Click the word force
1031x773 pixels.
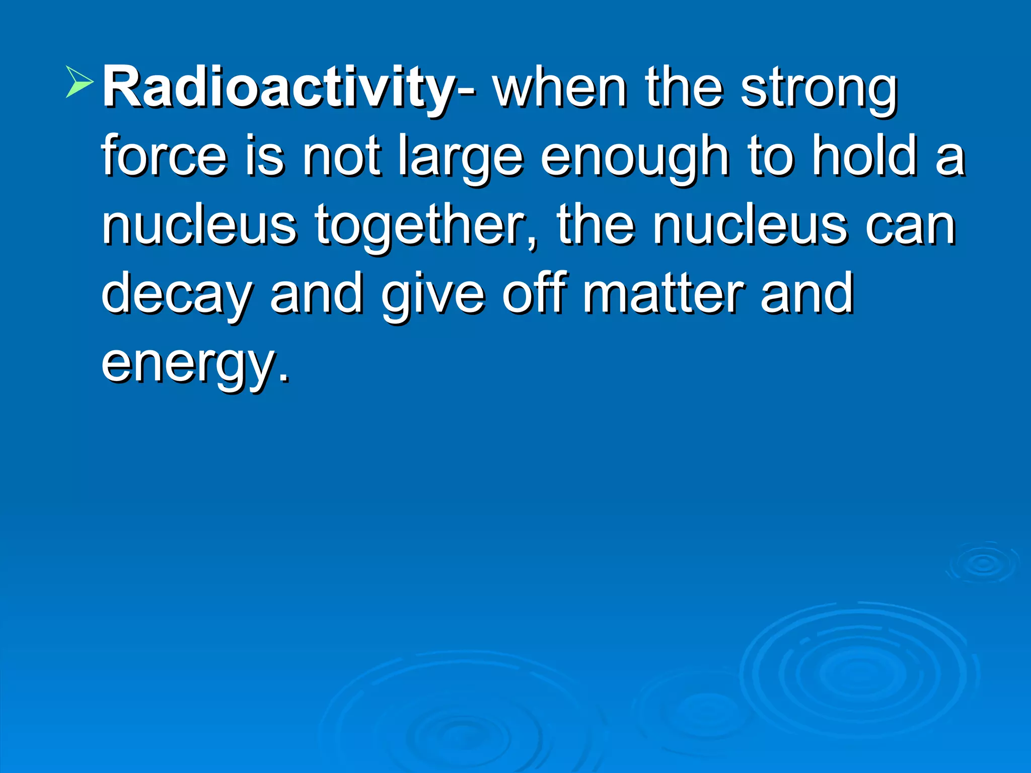point(164,156)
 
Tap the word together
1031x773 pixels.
point(426,226)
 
